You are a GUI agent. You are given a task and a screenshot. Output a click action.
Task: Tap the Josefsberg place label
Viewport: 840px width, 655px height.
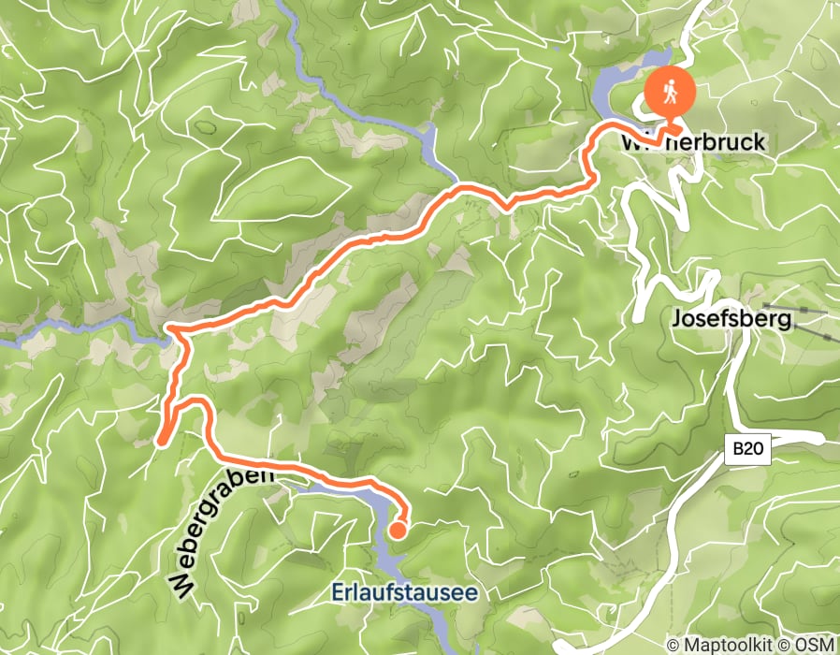(x=731, y=320)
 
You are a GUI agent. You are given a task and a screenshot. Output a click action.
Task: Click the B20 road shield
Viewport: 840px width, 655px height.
(x=746, y=449)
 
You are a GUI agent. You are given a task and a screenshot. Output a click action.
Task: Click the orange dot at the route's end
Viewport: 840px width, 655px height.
(x=397, y=531)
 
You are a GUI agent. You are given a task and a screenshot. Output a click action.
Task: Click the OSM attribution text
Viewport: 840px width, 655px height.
(x=815, y=645)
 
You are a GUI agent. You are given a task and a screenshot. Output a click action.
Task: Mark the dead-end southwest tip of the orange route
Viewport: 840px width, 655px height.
(x=160, y=440)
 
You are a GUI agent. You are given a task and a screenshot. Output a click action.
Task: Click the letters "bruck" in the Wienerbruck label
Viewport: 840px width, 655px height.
(x=735, y=143)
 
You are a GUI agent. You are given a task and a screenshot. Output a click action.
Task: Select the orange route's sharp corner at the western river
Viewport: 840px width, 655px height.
(x=171, y=329)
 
